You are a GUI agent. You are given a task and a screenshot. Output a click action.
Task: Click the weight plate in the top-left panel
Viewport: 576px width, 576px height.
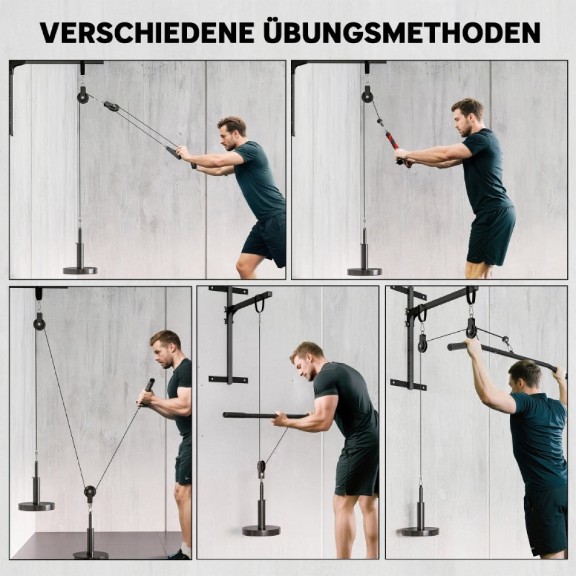pos(79,270)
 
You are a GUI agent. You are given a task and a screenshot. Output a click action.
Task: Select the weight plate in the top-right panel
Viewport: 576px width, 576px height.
pos(364,271)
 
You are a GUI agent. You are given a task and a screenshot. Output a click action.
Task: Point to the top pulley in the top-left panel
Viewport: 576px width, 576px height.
pos(83,95)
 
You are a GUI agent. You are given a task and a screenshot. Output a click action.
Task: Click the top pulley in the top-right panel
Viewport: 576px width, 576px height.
pos(367,95)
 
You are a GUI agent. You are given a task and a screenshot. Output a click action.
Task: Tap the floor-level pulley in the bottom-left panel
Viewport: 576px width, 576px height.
pos(90,492)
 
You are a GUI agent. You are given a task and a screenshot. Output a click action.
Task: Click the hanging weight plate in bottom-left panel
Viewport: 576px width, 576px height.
pos(36,506)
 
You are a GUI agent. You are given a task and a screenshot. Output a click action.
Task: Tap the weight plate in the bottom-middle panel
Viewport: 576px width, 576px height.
pos(261,530)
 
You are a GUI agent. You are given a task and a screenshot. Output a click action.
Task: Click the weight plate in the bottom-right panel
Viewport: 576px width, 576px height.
pos(420,531)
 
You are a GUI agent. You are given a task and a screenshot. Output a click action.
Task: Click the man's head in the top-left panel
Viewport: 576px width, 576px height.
pos(232,133)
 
